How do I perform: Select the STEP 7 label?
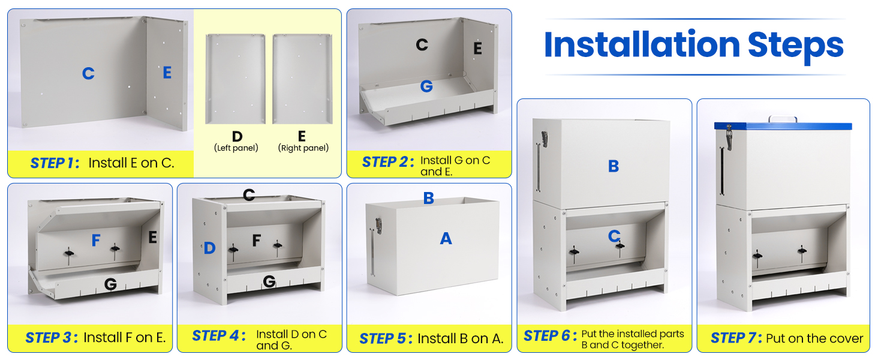click(736, 338)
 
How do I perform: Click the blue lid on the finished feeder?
click(783, 127)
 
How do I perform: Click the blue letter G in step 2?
click(426, 86)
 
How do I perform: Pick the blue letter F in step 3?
click(96, 241)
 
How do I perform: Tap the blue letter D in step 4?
click(209, 248)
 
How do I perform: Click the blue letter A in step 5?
click(446, 239)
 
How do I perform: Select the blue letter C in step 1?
click(88, 74)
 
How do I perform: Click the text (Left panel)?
click(236, 148)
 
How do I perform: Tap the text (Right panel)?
click(303, 148)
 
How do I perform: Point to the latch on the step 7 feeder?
click(729, 137)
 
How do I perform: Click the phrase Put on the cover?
click(814, 338)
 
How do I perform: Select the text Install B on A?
click(460, 338)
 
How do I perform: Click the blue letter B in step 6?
click(613, 166)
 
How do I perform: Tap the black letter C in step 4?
click(249, 195)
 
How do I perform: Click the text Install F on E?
click(124, 338)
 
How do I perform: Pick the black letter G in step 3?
click(110, 284)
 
